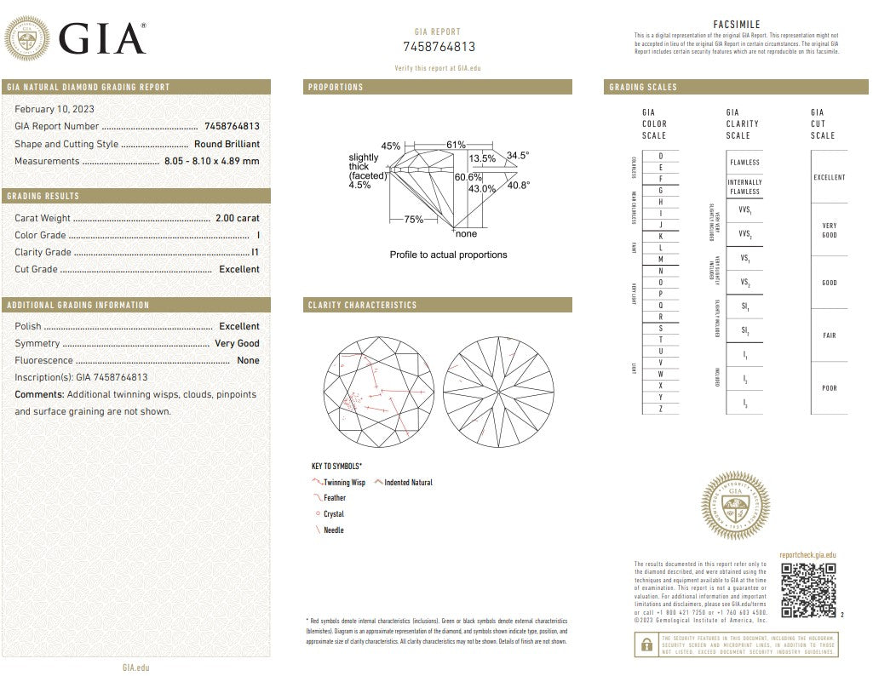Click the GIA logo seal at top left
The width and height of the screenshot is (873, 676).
[x=27, y=38]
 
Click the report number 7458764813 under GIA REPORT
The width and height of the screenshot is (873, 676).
[x=439, y=47]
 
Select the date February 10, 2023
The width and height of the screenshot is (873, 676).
[x=55, y=109]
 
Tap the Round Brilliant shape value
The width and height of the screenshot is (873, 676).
[x=227, y=144]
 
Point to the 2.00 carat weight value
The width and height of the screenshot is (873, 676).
[x=237, y=218]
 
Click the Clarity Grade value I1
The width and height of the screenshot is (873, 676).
[x=256, y=252]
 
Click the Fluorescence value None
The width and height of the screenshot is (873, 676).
[x=248, y=360]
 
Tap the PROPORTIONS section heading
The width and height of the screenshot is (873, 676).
[x=336, y=87]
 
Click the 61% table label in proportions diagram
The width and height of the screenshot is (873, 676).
[x=456, y=145]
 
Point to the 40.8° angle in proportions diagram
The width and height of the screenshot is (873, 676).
[x=519, y=185]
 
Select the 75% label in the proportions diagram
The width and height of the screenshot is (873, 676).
[x=413, y=220]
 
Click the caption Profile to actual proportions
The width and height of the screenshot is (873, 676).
[x=448, y=255]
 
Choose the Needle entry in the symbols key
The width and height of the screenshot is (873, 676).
[x=333, y=530]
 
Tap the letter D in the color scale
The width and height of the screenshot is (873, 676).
[x=660, y=156]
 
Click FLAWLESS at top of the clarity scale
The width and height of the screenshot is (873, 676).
[x=744, y=162]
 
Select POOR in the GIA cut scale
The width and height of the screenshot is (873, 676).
[x=829, y=388]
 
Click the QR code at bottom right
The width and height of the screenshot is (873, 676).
[x=808, y=590]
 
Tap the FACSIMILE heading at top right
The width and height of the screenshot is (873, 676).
[x=736, y=25]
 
